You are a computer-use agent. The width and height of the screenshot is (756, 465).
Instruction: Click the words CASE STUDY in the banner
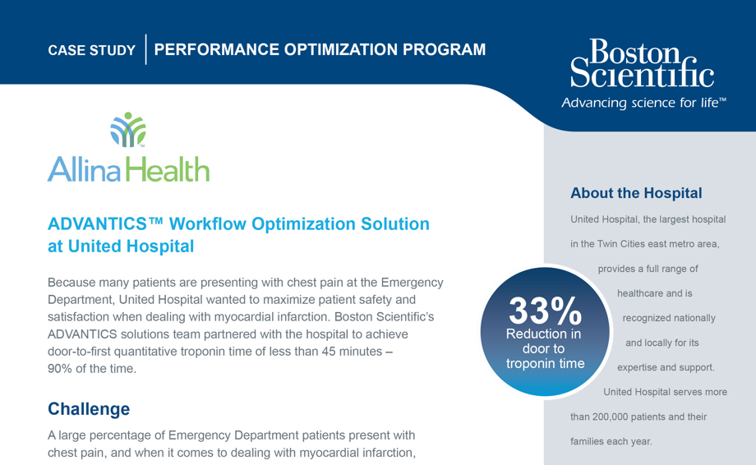tap(91, 50)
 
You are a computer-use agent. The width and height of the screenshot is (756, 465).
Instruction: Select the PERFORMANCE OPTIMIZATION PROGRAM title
tap(320, 49)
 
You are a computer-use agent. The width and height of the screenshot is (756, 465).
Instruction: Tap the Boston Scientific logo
tap(642, 63)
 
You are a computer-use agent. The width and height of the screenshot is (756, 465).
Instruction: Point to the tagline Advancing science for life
tap(643, 104)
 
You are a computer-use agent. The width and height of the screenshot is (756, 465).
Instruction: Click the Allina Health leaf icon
tap(128, 130)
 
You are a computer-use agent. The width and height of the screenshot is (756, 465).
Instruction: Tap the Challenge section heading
tap(89, 408)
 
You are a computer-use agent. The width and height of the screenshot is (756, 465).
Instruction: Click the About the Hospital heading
tap(636, 193)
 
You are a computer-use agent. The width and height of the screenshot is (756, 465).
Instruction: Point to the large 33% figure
tap(545, 311)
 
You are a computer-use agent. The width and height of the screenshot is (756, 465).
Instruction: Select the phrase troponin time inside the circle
tap(545, 363)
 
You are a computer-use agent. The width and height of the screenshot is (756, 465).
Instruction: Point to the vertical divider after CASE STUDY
tap(145, 49)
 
